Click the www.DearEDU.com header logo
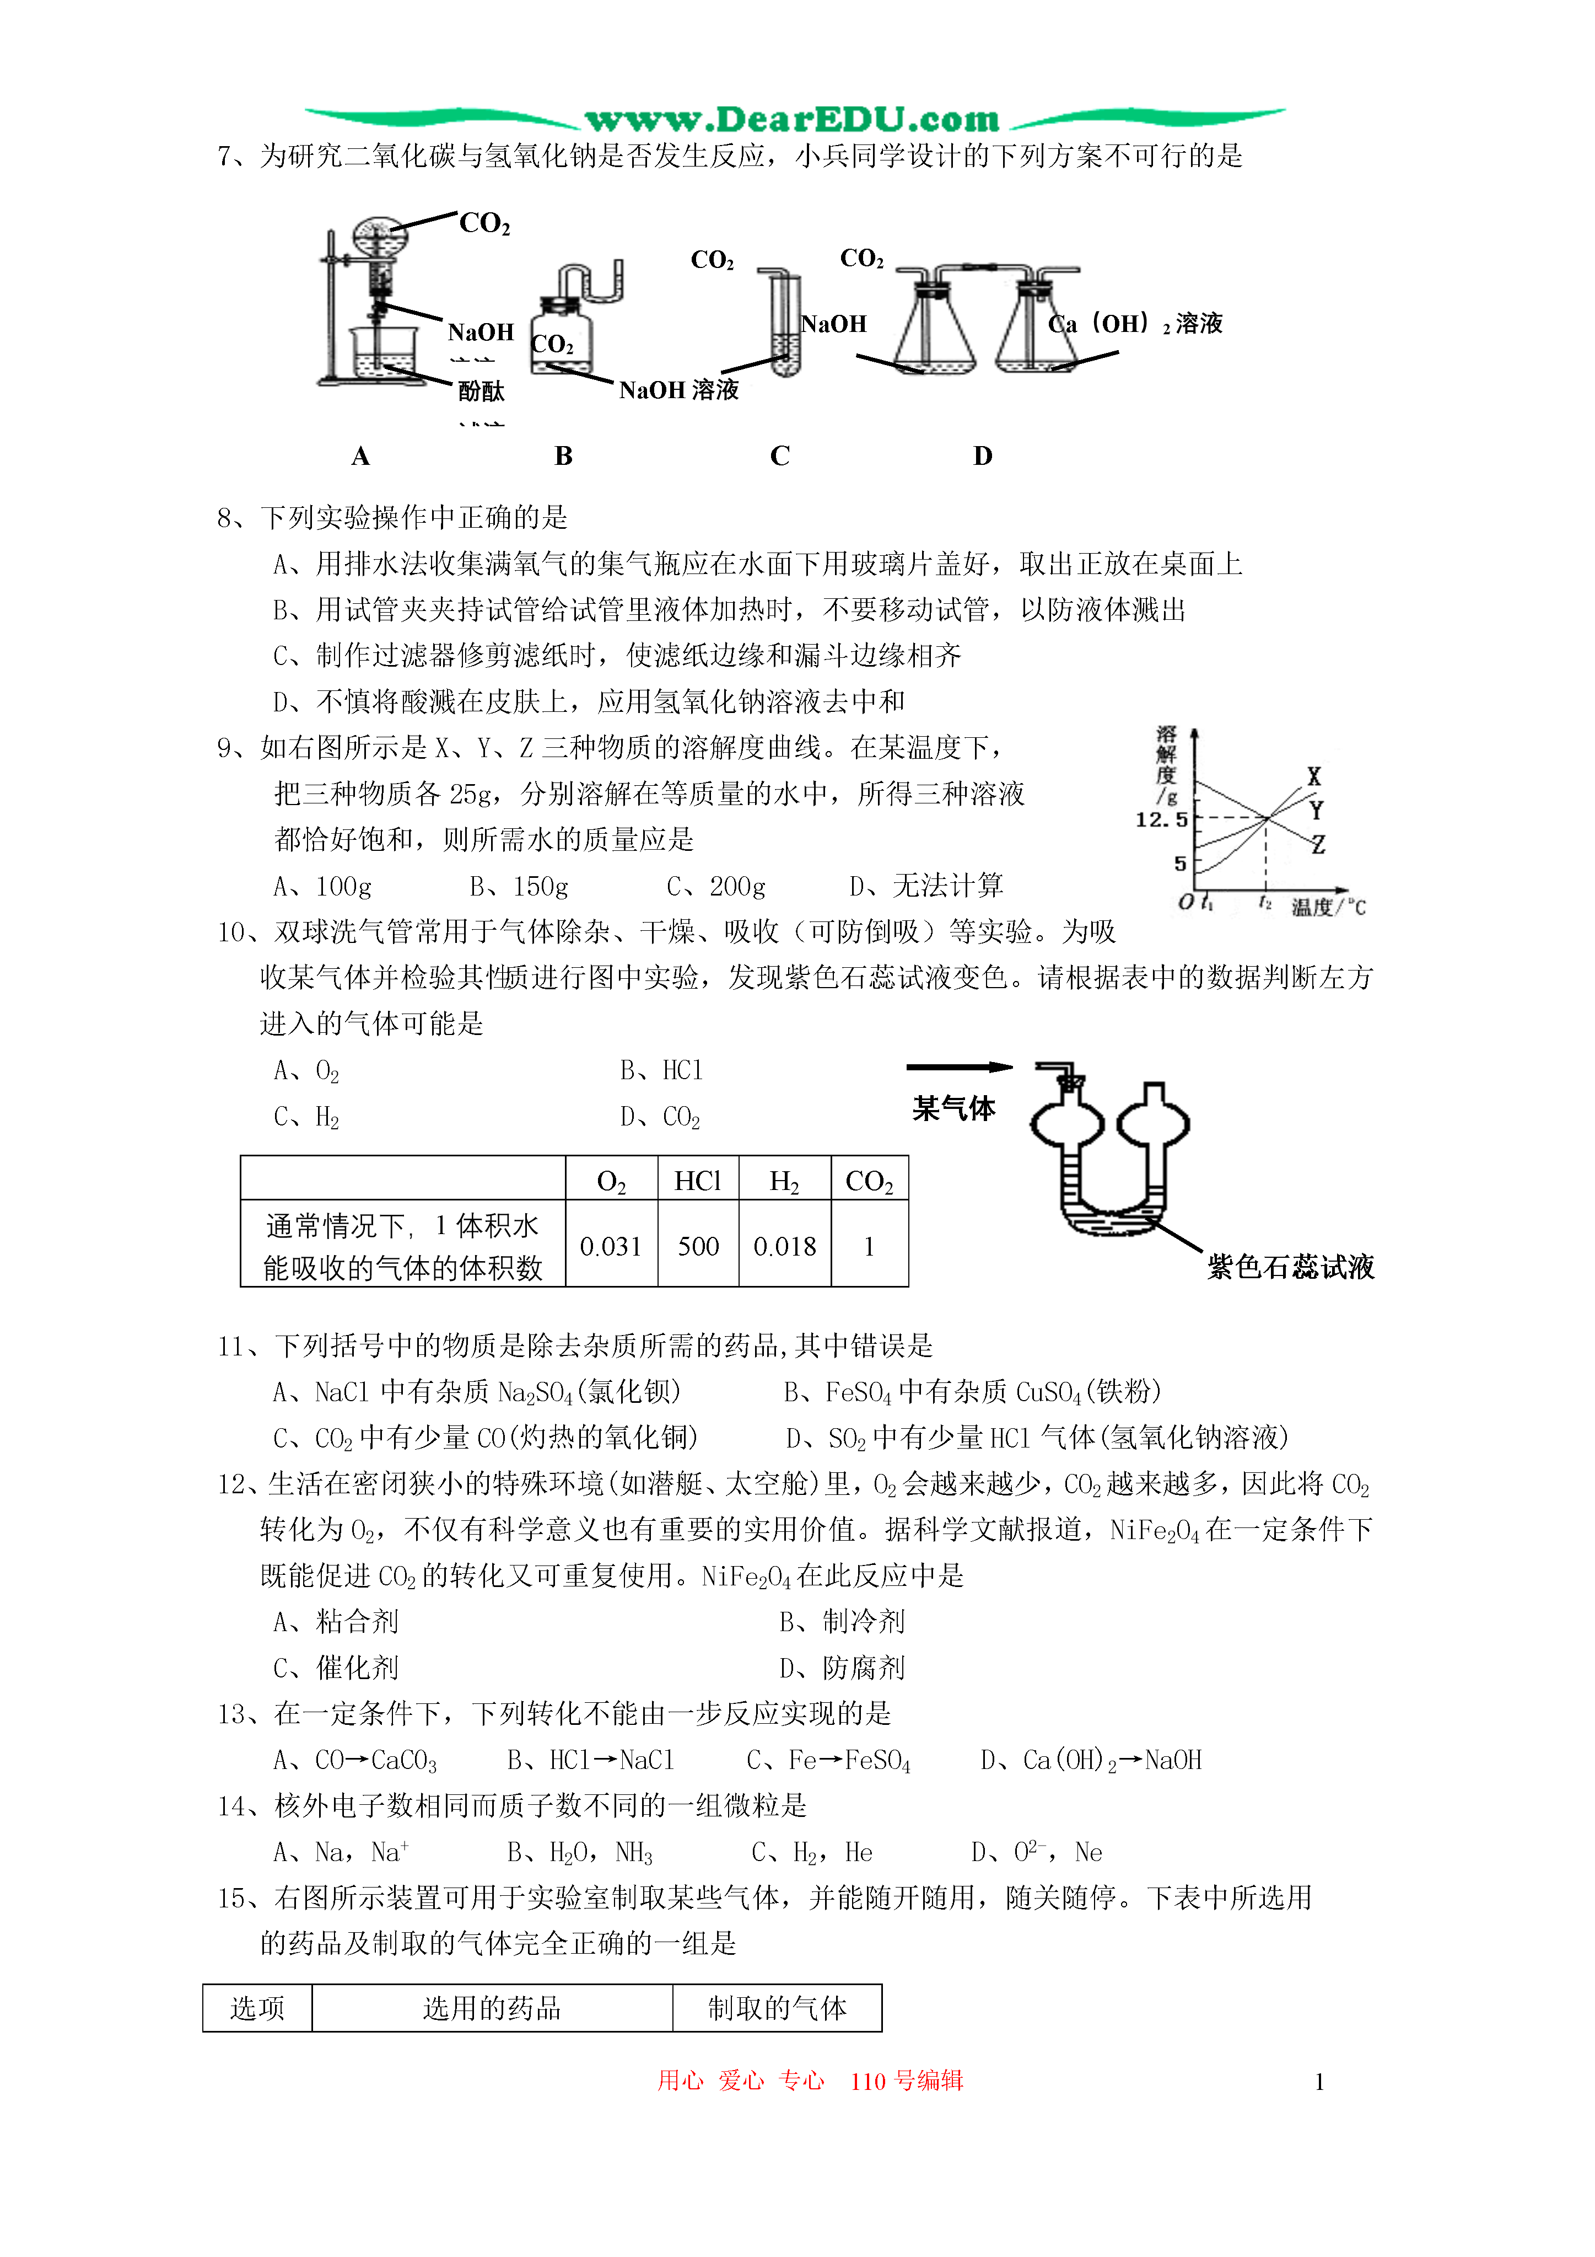(792, 120)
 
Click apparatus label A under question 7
(360, 456)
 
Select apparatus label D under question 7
(983, 456)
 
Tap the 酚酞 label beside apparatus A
(482, 392)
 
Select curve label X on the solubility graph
(1314, 776)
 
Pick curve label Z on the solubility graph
(1318, 844)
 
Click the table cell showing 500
(698, 1246)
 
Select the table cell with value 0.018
(784, 1246)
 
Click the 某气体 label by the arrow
(953, 1109)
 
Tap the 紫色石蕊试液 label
(1290, 1267)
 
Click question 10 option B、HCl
(661, 1070)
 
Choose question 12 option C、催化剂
(336, 1668)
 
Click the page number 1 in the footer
(1319, 2082)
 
